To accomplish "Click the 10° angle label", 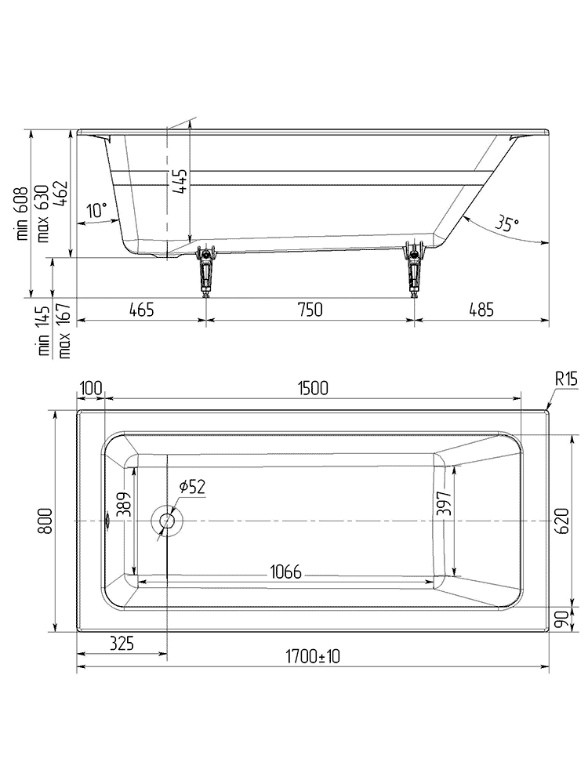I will point(96,210).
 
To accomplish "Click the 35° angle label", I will point(507,223).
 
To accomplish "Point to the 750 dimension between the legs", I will point(310,310).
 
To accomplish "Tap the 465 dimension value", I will point(141,310).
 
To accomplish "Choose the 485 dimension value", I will point(481,310).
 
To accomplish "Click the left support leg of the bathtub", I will point(206,270).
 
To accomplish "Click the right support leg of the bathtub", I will point(414,270).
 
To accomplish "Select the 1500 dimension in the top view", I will point(312,387).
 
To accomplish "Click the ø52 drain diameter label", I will point(191,487).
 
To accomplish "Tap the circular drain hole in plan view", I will point(166,521).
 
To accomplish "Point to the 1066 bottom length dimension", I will point(286,571).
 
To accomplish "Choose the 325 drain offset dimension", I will point(122,644).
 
